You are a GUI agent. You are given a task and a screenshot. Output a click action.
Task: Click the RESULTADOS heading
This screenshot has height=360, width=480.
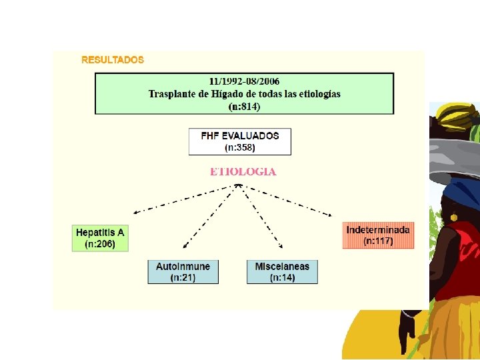click(112, 59)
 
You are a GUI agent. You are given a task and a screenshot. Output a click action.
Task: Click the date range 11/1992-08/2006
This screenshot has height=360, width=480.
click(244, 81)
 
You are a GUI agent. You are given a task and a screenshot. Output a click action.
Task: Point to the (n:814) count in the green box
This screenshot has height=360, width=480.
click(244, 106)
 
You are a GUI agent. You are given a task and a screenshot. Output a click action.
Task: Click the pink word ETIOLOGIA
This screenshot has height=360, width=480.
click(243, 171)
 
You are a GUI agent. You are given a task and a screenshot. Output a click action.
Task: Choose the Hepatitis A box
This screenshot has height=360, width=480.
click(100, 238)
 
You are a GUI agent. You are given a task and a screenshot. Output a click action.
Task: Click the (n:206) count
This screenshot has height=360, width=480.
click(100, 244)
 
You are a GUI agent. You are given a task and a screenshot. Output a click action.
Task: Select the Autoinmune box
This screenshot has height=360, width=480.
click(183, 271)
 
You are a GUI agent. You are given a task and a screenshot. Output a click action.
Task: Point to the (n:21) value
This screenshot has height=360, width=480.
click(183, 277)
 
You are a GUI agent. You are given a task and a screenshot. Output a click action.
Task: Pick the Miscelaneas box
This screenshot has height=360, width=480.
click(282, 271)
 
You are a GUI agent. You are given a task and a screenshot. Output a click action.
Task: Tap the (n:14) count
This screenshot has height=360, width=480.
click(282, 277)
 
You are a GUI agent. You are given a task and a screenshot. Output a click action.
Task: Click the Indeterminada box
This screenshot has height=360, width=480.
click(378, 235)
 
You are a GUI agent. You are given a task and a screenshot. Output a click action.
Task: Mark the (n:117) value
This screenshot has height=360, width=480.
click(378, 241)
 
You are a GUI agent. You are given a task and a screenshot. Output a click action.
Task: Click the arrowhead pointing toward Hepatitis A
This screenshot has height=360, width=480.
click(135, 213)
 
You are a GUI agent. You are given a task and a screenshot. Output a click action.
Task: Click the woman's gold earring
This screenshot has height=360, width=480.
click(453, 217)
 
